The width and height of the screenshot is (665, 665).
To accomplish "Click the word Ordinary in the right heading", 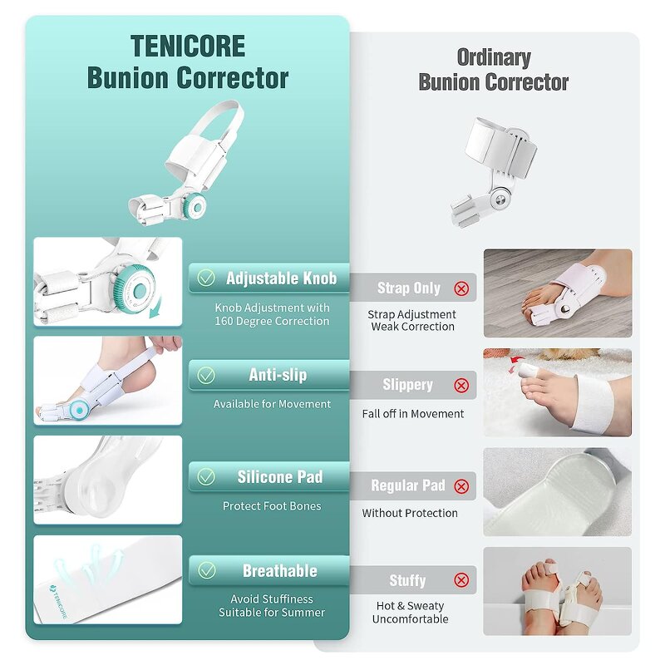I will (x=494, y=57).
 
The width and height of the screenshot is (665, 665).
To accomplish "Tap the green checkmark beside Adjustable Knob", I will (x=205, y=278).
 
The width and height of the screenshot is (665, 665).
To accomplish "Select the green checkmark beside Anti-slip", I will (x=205, y=376).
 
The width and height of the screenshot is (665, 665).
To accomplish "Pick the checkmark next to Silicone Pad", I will (x=205, y=477).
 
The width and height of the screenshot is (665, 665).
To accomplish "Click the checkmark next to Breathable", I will (x=205, y=571).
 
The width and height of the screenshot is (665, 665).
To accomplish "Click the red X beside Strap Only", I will (x=461, y=288).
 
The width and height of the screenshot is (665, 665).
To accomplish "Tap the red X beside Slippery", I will (x=461, y=386).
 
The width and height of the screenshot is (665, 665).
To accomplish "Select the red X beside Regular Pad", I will (x=461, y=486).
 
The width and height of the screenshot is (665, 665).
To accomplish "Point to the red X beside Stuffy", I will (x=461, y=581).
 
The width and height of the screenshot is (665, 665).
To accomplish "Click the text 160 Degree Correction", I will (x=272, y=322).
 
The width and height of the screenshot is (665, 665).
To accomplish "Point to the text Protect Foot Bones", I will (x=272, y=506).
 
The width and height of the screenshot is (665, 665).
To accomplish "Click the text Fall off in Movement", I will (x=413, y=414).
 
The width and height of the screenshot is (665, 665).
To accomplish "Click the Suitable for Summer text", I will (x=272, y=613).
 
